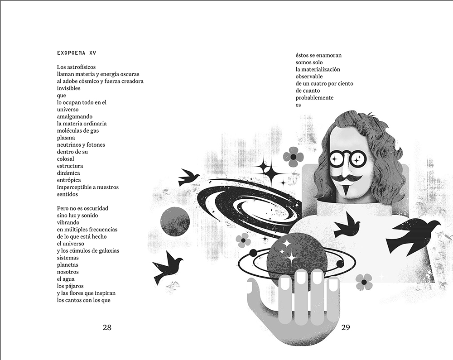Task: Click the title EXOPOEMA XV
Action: [77, 53]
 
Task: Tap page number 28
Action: [107, 327]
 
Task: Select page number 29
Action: [346, 327]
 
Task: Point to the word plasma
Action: [66, 138]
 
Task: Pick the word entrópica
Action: [69, 180]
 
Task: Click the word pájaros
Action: [74, 286]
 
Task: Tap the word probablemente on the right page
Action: [314, 97]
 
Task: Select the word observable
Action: [309, 77]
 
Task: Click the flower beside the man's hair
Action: [293, 157]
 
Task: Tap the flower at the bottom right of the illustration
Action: [364, 282]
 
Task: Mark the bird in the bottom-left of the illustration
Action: [168, 266]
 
